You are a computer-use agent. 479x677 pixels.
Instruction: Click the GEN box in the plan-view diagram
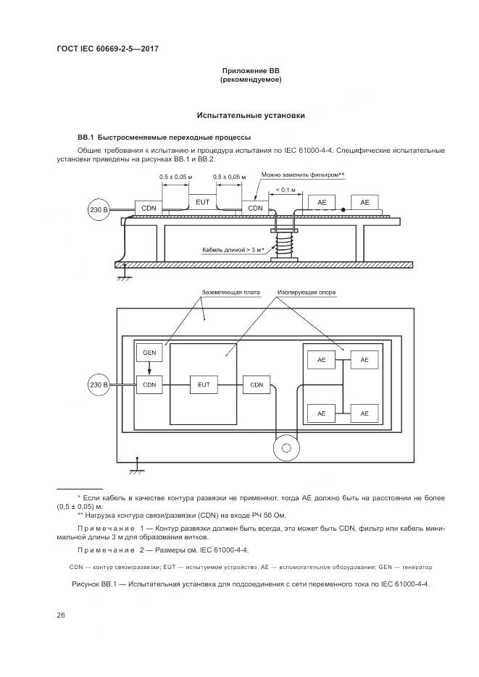point(149,353)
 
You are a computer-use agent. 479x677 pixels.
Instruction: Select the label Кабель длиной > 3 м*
point(233,249)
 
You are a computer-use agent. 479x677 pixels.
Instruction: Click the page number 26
point(61,615)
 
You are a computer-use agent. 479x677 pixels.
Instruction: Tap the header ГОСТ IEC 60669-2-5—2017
point(107,49)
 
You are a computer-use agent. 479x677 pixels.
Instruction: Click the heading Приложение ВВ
point(251,70)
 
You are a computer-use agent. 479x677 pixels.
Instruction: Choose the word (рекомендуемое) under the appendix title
point(251,80)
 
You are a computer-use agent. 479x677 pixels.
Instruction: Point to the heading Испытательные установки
point(251,115)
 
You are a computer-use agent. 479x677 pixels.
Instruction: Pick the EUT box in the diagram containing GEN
point(203,384)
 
